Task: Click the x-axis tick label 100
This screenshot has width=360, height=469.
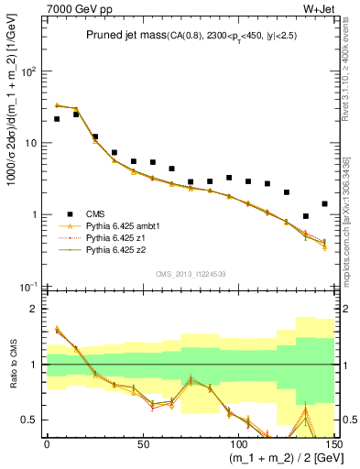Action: (236, 443)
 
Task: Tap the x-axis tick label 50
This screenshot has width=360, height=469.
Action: (141, 443)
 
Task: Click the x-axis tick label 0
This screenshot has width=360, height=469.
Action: (47, 443)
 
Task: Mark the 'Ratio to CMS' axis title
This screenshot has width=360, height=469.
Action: (13, 365)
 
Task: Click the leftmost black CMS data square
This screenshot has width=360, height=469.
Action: (57, 119)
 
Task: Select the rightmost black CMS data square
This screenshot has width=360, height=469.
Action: (324, 203)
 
